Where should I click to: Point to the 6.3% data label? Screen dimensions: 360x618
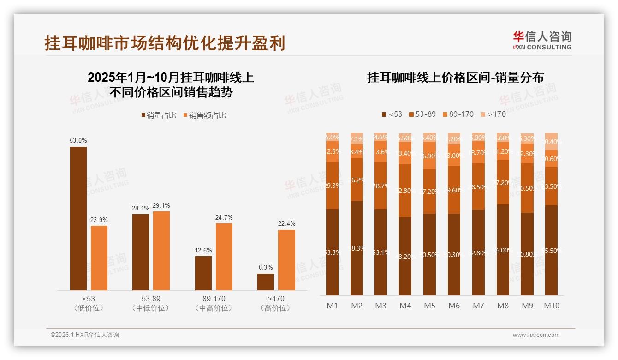(266, 267)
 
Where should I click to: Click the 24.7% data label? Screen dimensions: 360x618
(224, 217)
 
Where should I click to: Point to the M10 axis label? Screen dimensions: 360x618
(551, 306)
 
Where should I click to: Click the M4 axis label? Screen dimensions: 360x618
(405, 306)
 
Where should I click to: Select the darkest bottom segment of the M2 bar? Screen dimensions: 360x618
(357, 248)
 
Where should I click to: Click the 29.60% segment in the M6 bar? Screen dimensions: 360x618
(454, 190)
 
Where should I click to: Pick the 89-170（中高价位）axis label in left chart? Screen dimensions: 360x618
(214, 303)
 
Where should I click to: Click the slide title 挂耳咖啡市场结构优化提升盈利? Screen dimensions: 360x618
(165, 43)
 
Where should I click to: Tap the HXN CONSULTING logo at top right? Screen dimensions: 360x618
(542, 40)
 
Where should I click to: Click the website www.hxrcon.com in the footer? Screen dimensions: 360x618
(535, 335)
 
